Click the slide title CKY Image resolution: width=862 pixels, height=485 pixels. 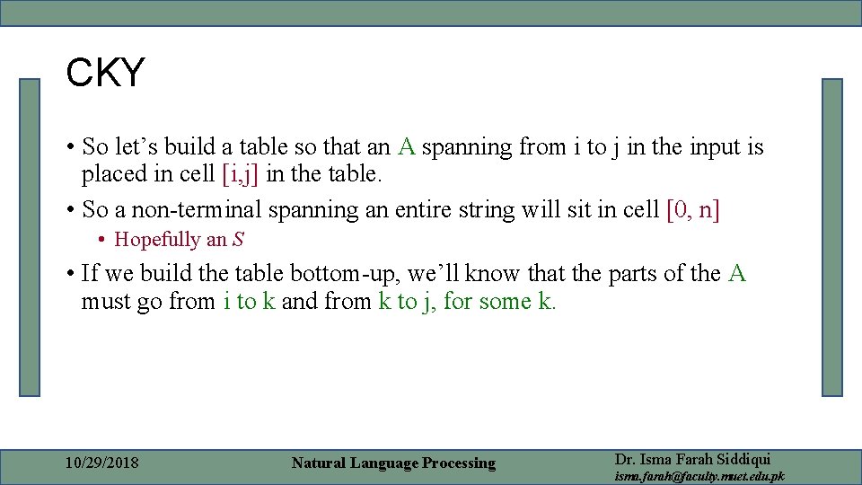(x=105, y=73)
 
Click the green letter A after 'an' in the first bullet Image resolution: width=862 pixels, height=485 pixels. (x=407, y=146)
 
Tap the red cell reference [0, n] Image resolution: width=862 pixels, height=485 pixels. (x=694, y=209)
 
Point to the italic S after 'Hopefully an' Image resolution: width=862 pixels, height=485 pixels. (x=238, y=240)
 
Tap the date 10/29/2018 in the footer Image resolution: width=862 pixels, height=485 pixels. (x=102, y=463)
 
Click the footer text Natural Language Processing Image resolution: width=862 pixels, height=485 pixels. (x=393, y=463)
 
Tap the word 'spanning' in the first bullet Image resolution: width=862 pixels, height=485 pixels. (x=467, y=146)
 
